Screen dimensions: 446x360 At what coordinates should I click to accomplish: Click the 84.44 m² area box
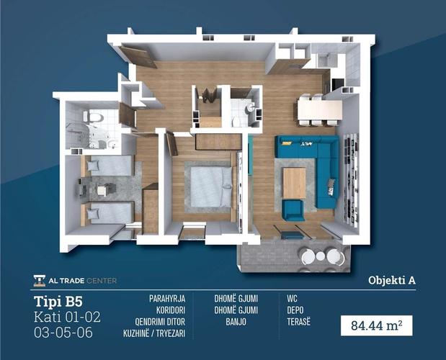377,325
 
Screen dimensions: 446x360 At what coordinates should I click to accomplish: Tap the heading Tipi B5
58,302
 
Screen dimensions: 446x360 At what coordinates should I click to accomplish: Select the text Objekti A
392,281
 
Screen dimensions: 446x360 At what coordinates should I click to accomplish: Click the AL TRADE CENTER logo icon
39,281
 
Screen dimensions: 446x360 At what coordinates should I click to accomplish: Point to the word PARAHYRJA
167,299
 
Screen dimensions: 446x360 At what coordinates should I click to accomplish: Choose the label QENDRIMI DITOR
160,322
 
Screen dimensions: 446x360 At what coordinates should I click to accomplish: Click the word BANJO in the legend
236,322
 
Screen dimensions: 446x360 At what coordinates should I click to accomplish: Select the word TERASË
299,322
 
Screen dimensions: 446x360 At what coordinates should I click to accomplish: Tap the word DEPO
295,310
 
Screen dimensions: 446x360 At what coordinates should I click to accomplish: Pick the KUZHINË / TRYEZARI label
154,333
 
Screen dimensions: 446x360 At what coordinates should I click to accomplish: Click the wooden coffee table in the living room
294,183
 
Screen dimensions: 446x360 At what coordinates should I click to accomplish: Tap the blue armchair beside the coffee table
293,210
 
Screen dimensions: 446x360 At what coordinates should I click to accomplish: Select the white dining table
320,110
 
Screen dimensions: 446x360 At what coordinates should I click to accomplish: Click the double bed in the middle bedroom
210,186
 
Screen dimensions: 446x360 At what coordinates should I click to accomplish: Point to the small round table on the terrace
321,256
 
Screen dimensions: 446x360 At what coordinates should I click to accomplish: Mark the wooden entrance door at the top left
138,57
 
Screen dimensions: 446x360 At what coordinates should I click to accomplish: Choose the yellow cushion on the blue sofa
287,143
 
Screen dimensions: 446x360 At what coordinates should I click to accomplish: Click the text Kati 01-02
67,317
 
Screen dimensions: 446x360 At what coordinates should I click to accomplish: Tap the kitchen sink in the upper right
324,60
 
